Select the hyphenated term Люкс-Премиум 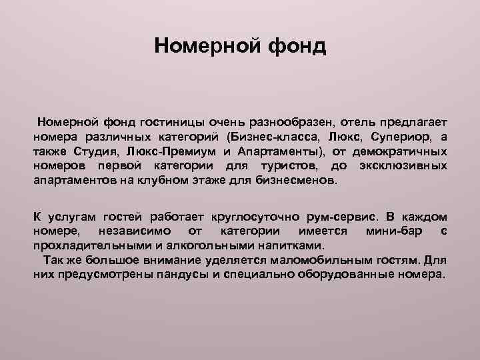point(173,151)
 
